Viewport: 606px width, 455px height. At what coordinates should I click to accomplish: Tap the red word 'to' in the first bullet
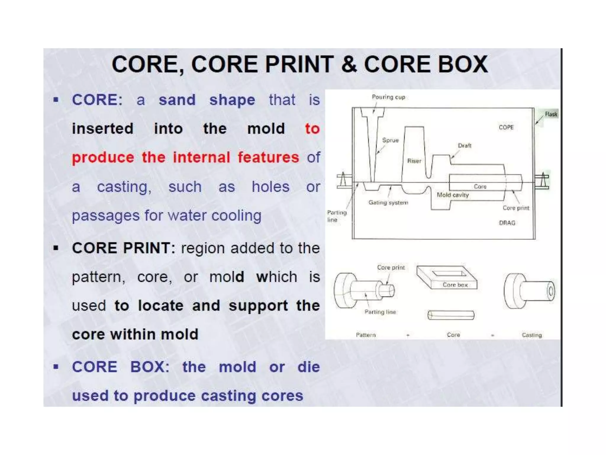click(312, 129)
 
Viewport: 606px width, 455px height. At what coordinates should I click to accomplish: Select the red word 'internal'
click(201, 157)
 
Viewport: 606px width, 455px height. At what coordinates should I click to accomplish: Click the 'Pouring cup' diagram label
click(388, 97)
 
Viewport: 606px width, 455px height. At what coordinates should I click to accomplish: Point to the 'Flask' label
click(551, 114)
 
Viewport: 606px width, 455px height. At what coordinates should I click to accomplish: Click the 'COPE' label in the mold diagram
click(506, 127)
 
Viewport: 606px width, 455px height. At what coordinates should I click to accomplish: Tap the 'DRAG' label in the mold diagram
click(507, 223)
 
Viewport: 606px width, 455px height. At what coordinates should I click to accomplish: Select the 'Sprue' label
click(390, 140)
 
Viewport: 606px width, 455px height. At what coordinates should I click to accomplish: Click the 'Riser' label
click(414, 161)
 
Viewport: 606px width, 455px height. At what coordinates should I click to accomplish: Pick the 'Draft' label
click(464, 145)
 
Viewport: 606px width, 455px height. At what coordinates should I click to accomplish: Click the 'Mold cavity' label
click(453, 195)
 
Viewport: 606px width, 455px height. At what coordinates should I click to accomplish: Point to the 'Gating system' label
click(388, 203)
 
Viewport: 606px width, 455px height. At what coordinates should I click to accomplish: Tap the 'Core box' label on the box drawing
click(455, 285)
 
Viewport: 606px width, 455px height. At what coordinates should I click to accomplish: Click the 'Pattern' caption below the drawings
click(366, 335)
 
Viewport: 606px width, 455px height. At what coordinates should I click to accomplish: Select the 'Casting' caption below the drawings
click(532, 335)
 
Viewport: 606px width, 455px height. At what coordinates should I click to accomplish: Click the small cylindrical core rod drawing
click(451, 315)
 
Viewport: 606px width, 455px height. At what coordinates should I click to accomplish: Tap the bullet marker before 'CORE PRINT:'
click(56, 248)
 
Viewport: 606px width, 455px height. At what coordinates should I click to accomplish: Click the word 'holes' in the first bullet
click(270, 187)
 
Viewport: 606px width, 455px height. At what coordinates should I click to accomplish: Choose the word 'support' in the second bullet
click(258, 306)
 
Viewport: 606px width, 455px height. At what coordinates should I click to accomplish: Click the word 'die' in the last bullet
click(309, 367)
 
